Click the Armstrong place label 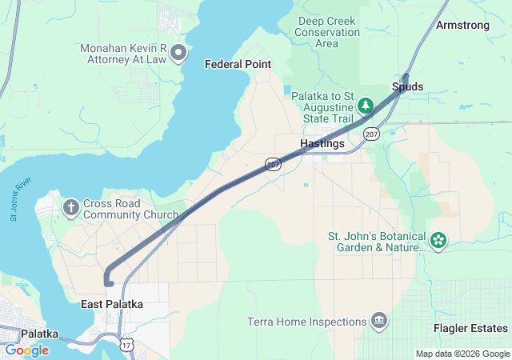coord(462,26)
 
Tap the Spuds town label coord(408,86)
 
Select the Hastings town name coord(322,144)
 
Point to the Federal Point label coord(238,64)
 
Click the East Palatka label coord(112,304)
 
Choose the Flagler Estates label coord(470,329)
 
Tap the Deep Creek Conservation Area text coord(327,32)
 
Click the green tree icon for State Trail coord(366,106)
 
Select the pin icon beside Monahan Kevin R coord(178,54)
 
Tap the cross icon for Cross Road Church coord(71,208)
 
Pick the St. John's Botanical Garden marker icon coord(438,240)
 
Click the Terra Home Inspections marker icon coord(379,322)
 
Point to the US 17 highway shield coord(126,343)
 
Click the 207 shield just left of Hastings coord(274,163)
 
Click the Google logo coord(26,350)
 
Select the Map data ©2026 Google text coord(462,354)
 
